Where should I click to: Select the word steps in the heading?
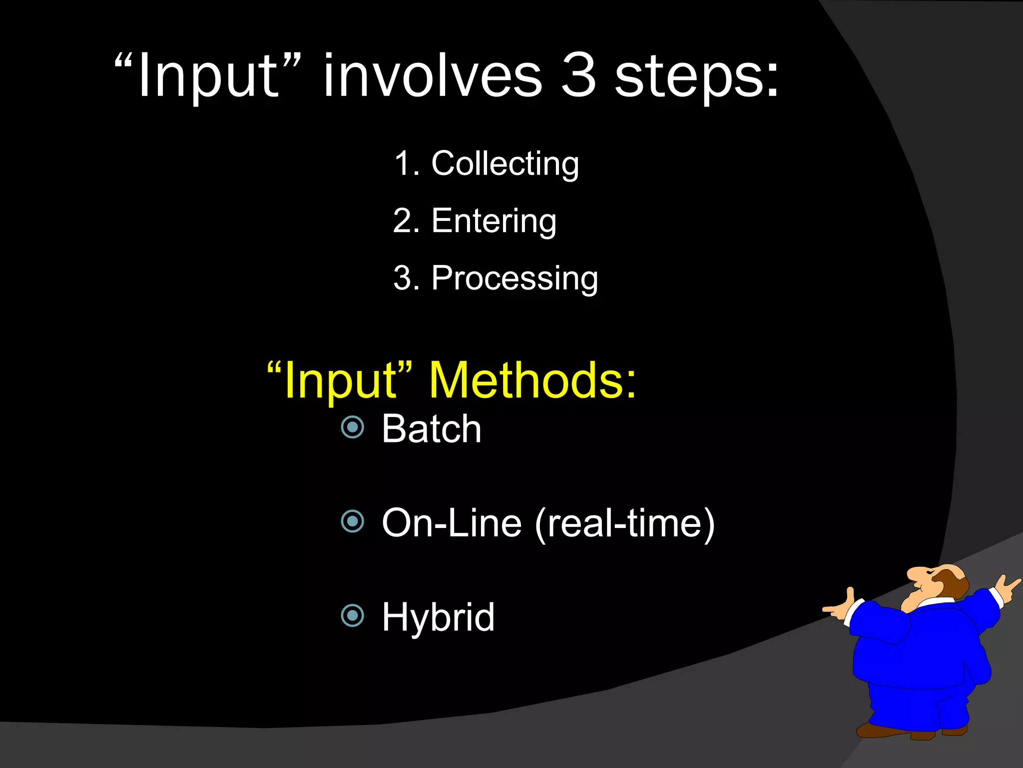[696, 77]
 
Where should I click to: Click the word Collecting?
[505, 163]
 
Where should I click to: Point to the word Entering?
[494, 221]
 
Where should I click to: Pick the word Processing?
[514, 278]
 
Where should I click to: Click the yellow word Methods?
[532, 381]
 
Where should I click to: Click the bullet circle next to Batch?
[353, 427]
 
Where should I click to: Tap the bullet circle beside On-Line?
[353, 521]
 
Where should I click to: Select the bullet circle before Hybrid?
[353, 615]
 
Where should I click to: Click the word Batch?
[432, 429]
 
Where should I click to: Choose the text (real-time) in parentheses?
[624, 523]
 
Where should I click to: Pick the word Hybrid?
[438, 618]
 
